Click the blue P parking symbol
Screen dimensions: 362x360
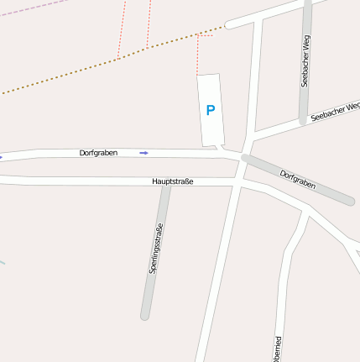pyautogui.click(x=211, y=110)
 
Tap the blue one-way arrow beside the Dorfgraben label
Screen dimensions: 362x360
pyautogui.click(x=143, y=153)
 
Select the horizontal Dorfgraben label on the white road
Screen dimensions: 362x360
pyautogui.click(x=98, y=153)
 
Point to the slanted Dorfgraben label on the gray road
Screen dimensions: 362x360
pyautogui.click(x=297, y=179)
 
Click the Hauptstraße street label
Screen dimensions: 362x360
pyautogui.click(x=173, y=181)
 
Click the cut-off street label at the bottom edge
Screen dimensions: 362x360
pyautogui.click(x=278, y=349)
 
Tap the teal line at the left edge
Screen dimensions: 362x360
pyautogui.click(x=3, y=262)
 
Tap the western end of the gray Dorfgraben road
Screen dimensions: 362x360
pyautogui.click(x=245, y=158)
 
